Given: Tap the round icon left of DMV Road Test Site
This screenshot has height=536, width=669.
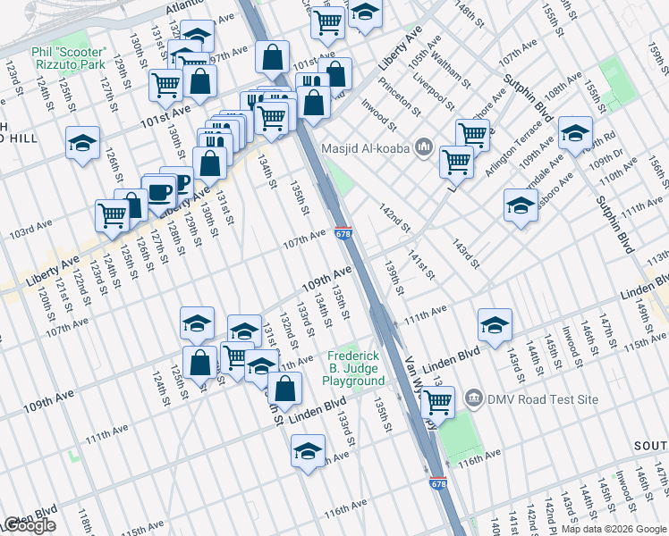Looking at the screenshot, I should [475, 398].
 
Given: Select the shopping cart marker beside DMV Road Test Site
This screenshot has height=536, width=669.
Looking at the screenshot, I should [438, 403].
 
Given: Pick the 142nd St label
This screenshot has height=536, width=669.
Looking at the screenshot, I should [394, 216].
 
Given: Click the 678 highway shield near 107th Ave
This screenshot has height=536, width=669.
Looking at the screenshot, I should [343, 234].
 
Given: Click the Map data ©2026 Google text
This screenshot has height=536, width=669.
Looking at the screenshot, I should [613, 529].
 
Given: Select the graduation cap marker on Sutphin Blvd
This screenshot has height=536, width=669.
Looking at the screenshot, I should [576, 134].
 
